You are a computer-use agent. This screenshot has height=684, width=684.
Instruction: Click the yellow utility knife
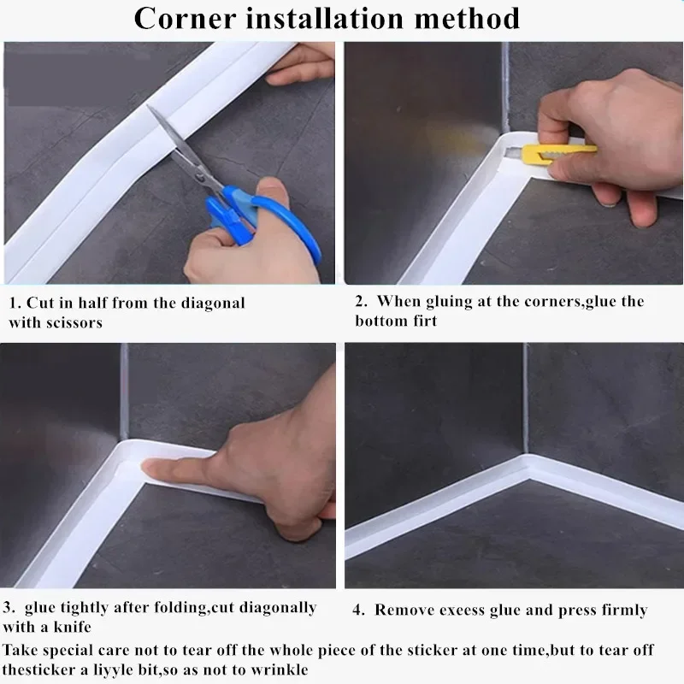tap(547, 153)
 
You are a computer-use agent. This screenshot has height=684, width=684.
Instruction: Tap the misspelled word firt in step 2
tap(424, 321)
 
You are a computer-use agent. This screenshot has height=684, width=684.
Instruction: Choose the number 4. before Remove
tap(359, 610)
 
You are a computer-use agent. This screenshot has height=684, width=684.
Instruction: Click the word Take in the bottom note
tap(20, 651)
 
